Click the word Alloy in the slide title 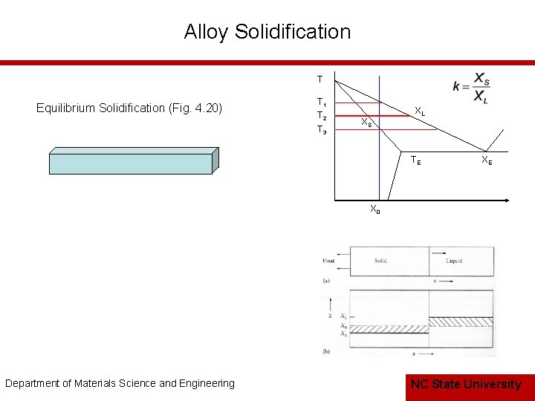(x=207, y=32)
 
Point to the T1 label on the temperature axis (x=321, y=102)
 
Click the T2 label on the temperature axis (x=321, y=116)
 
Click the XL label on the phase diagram (x=420, y=112)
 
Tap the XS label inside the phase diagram (x=366, y=122)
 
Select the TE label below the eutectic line (x=416, y=160)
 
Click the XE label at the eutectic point (x=486, y=160)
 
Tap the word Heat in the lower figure (x=328, y=261)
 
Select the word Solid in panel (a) (x=380, y=261)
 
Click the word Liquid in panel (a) (x=454, y=261)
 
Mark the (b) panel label (x=327, y=350)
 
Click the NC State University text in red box (x=466, y=384)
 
